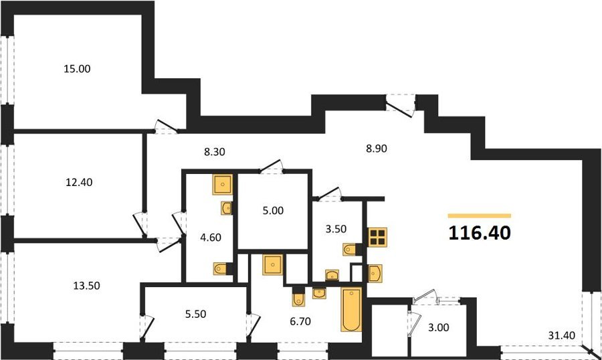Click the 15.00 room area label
[77, 69]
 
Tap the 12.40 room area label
[79, 182]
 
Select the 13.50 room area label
[86, 286]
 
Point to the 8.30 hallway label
[214, 152]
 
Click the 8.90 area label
[376, 149]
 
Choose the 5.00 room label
[273, 211]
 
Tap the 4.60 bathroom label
[211, 238]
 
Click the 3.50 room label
[336, 229]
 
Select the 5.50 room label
[196, 314]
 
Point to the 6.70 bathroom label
[300, 321]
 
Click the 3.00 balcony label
[438, 327]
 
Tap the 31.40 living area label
[561, 335]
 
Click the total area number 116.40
[480, 233]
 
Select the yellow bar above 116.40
[480, 216]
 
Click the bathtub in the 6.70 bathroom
[352, 309]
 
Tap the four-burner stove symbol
[377, 237]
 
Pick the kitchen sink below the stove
[375, 274]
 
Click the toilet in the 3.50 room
[350, 250]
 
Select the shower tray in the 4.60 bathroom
[223, 185]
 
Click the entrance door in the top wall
[401, 105]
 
